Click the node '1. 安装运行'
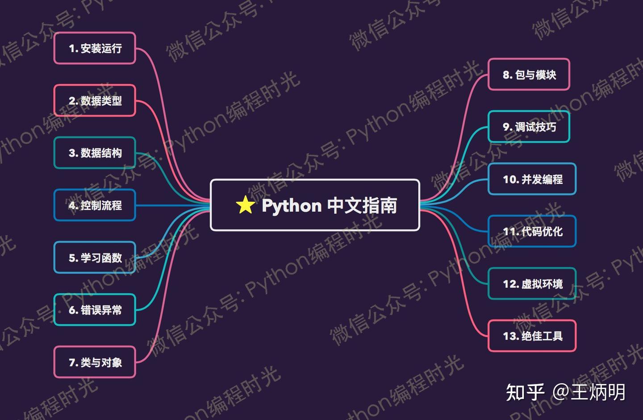point(95,48)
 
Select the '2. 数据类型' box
point(95,100)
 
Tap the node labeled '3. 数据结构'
point(95,153)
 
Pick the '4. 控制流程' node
point(95,205)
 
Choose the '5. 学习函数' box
point(95,258)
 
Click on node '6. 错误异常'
point(95,310)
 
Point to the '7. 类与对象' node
point(95,362)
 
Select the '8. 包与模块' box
point(529,75)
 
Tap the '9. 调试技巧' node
point(529,127)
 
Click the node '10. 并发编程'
point(532,179)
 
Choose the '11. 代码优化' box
point(532,231)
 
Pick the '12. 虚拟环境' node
point(532,283)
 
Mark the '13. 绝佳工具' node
point(532,336)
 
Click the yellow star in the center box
point(245,205)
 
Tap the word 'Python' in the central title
point(292,206)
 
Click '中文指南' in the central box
point(362,205)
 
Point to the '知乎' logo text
point(525,392)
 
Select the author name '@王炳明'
point(589,392)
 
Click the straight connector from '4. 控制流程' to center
point(172,205)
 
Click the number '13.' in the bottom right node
point(510,336)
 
